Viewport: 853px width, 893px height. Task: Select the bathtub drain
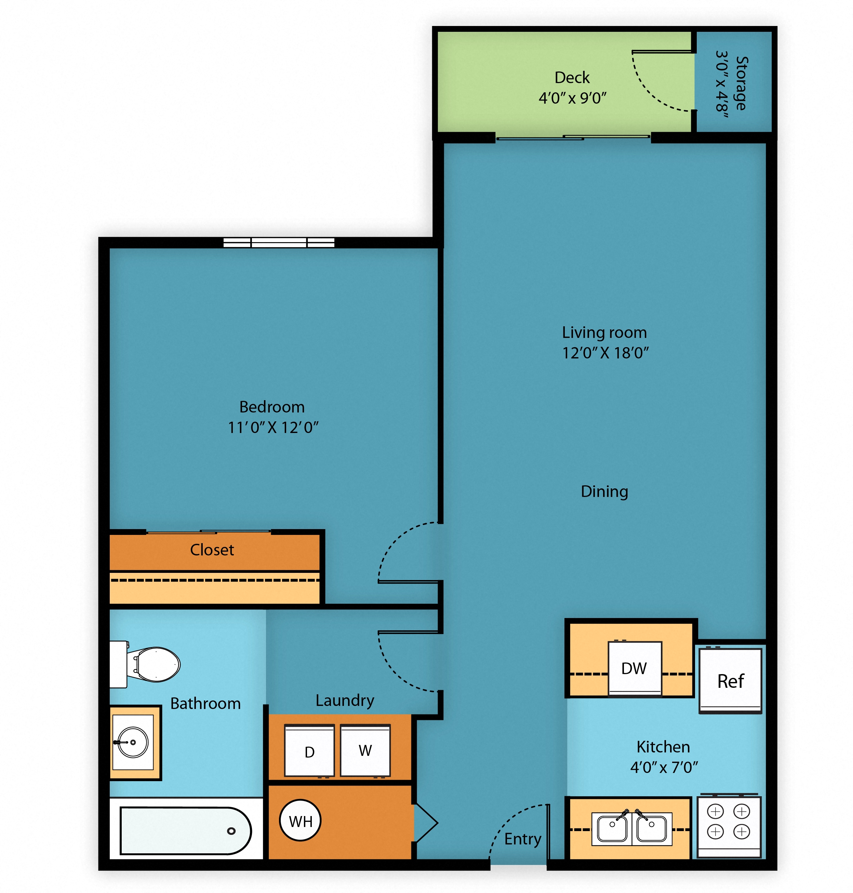click(x=231, y=831)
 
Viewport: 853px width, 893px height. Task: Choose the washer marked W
click(x=365, y=750)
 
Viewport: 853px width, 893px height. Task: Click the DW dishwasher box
click(x=635, y=668)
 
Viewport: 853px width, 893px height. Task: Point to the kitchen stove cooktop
click(x=729, y=826)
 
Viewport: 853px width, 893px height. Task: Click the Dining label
click(x=605, y=492)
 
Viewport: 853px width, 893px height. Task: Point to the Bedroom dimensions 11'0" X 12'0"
click(x=273, y=427)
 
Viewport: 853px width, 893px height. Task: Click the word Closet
click(x=212, y=550)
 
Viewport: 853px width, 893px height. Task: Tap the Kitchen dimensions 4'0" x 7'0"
click(x=664, y=767)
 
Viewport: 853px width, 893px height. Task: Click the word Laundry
click(x=345, y=700)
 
